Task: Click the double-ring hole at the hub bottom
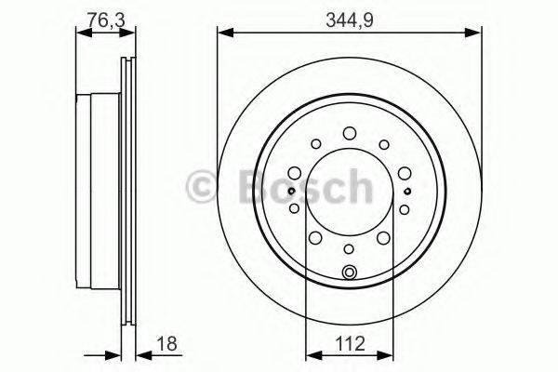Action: (350, 272)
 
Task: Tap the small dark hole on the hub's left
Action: (291, 191)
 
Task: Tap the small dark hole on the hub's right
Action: (407, 191)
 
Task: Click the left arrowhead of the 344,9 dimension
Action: (223, 34)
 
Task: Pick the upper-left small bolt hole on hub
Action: (315, 144)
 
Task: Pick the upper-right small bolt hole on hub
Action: (384, 144)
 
